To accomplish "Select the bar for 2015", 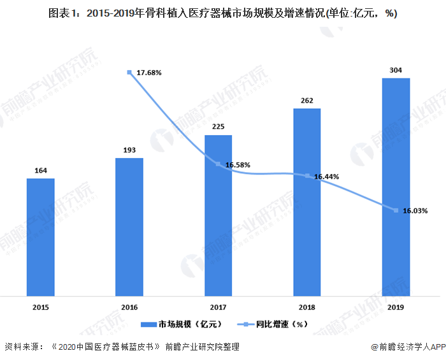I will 40,237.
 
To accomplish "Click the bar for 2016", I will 129,227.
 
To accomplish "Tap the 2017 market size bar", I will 218,215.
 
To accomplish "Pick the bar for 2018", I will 307,202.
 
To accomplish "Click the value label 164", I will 40,170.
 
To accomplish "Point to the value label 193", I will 129,150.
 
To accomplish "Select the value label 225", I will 218,127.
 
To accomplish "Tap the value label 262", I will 307,100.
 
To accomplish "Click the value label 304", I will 396,70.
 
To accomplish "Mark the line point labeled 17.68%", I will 130,73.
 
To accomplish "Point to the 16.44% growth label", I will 326,176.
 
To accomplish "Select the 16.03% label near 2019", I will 415,210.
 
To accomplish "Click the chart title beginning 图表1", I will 222,13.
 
